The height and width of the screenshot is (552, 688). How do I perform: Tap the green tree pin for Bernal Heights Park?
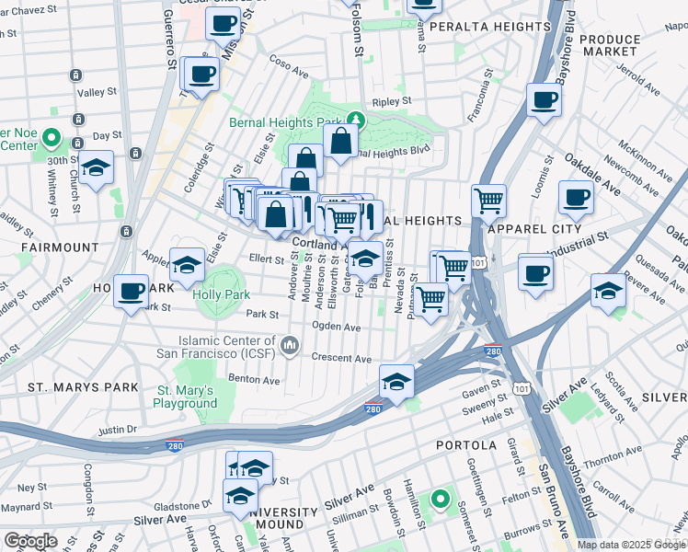pyautogui.click(x=356, y=120)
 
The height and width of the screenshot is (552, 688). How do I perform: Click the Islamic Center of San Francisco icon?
pyautogui.click(x=291, y=346)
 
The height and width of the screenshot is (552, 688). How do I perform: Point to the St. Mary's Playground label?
pyautogui.click(x=186, y=397)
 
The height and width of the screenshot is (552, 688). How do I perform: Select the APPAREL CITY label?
pyautogui.click(x=535, y=228)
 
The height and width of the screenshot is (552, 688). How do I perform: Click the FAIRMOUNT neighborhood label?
pyautogui.click(x=63, y=247)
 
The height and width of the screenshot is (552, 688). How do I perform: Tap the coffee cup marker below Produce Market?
pyautogui.click(x=544, y=100)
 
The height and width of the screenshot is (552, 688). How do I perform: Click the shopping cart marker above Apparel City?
pyautogui.click(x=488, y=200)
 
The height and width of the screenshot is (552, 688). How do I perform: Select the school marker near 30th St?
pyautogui.click(x=96, y=168)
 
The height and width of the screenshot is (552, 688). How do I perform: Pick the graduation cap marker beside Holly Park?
pyautogui.click(x=188, y=267)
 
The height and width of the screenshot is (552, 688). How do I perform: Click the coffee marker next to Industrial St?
pyautogui.click(x=535, y=272)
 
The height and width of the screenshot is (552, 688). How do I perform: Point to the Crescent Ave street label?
pyautogui.click(x=340, y=358)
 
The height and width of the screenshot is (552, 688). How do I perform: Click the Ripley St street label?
pyautogui.click(x=390, y=103)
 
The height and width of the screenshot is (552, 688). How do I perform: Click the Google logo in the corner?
pyautogui.click(x=30, y=541)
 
